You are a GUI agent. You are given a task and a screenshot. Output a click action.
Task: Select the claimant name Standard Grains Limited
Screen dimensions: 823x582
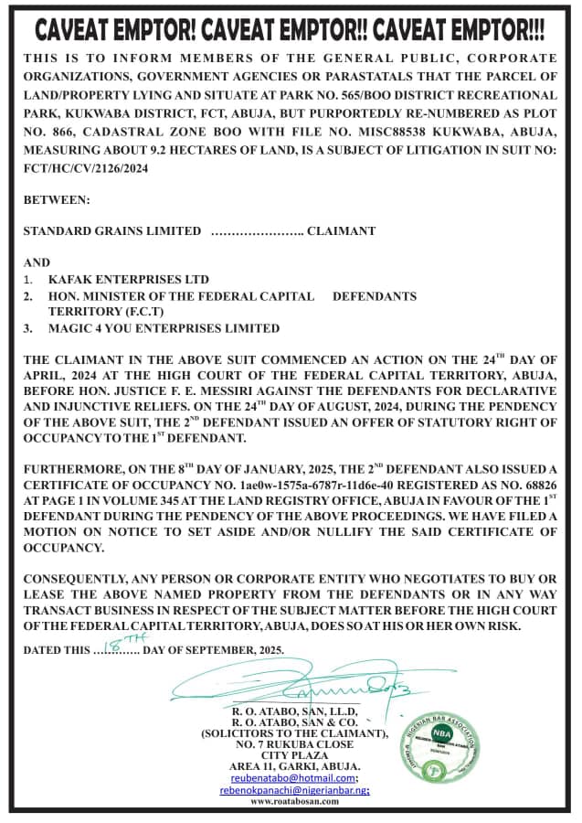click(112, 230)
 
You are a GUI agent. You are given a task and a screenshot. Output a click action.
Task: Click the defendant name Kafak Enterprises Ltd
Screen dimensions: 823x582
click(129, 279)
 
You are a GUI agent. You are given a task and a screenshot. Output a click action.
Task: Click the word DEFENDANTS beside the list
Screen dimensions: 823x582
click(375, 296)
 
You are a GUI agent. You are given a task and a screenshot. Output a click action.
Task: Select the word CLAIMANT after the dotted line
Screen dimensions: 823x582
click(341, 230)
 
